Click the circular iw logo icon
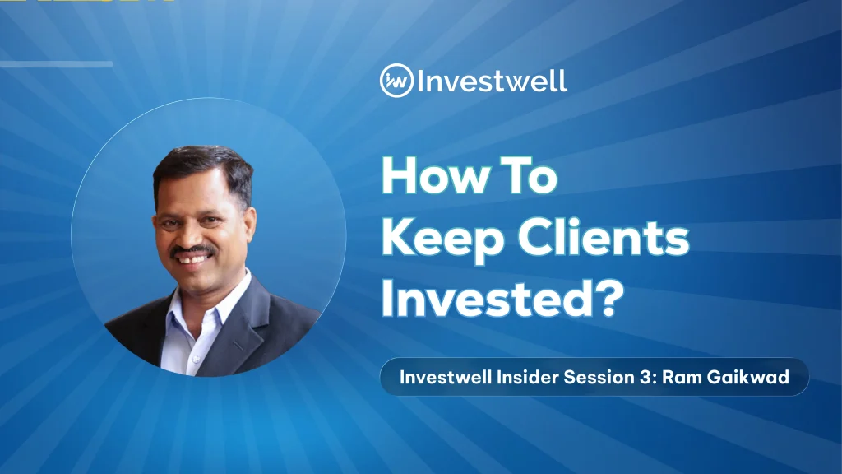point(396,81)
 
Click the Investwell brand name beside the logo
point(492,81)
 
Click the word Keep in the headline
point(442,239)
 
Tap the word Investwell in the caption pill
point(446,377)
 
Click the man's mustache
point(193,250)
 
